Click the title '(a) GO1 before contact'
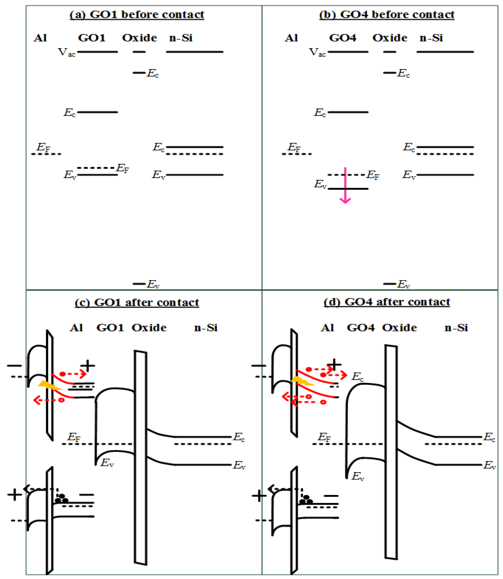(137, 15)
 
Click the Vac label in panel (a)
(67, 52)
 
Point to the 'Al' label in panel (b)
(291, 38)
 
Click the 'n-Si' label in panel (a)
(181, 38)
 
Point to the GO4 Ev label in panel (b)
(320, 184)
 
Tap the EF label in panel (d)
(324, 437)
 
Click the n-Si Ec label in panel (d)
(489, 437)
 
